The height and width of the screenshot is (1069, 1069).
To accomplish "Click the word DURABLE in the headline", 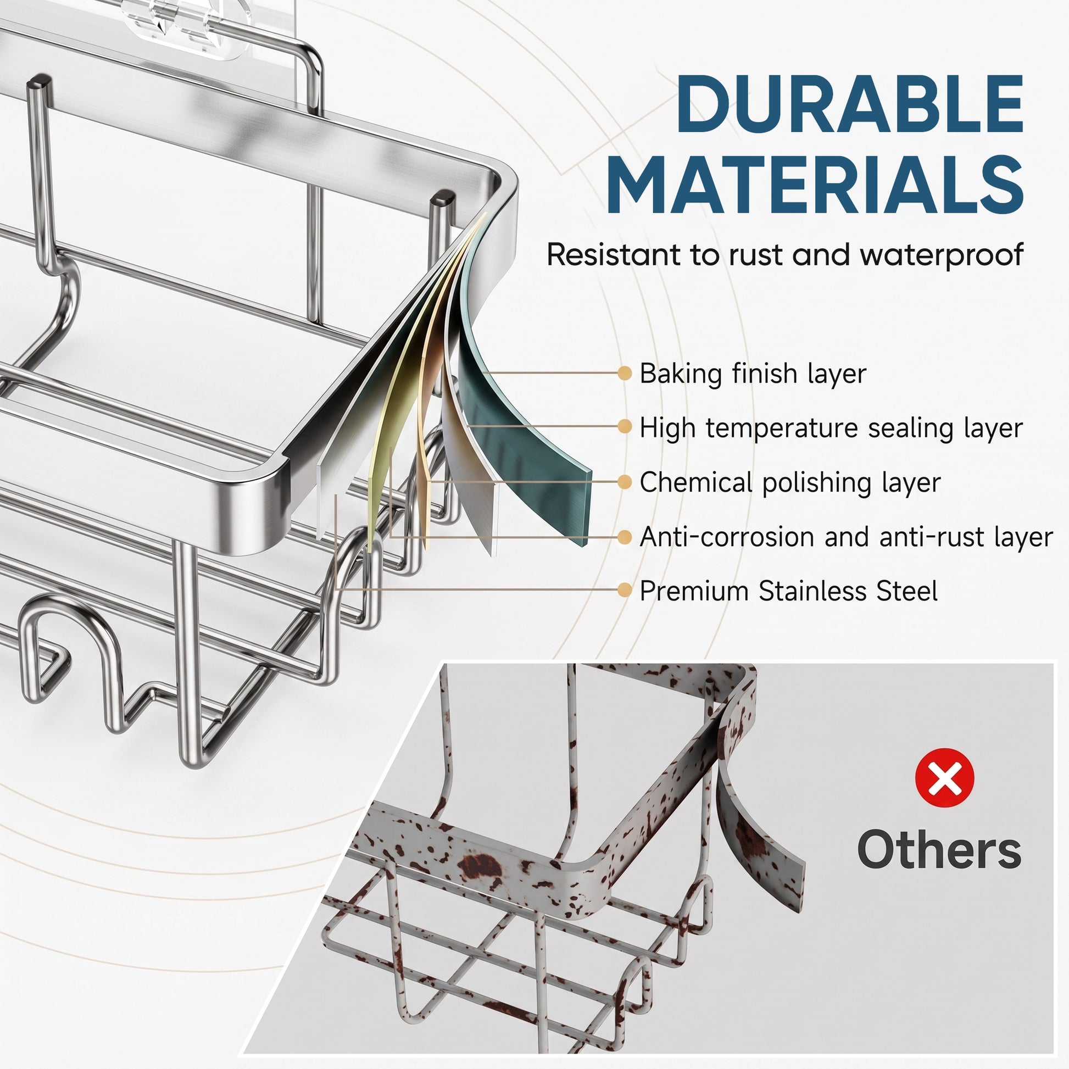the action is point(849,104).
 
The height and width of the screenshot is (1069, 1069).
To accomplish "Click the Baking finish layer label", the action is point(753,374).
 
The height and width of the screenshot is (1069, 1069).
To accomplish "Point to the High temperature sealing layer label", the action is point(831,428).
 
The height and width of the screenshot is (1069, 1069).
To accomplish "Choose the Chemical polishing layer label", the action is point(790,482).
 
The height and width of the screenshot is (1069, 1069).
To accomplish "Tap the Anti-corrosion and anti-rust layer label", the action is point(846,537).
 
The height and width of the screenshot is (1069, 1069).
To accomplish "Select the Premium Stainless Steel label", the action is point(788,591).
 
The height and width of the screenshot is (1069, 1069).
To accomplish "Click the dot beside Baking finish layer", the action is point(624,374).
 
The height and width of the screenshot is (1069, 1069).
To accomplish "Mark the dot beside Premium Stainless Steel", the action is point(624,591).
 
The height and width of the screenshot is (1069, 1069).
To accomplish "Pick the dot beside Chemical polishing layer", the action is point(624,482).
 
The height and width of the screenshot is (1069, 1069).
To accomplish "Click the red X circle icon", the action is point(944,777).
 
